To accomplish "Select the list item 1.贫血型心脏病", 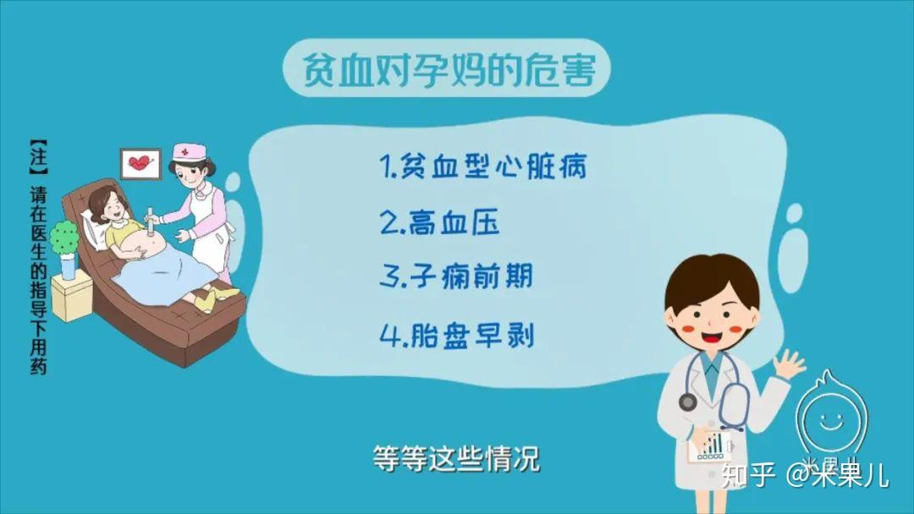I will [x=482, y=167].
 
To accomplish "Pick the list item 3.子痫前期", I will [x=456, y=277].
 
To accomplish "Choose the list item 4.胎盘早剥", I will [x=456, y=335].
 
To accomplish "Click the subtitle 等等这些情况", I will [x=456, y=458].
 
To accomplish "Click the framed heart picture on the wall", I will [x=140, y=162].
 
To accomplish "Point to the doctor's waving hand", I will [x=791, y=365].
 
